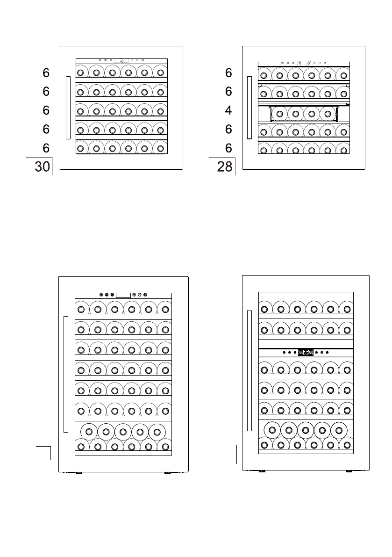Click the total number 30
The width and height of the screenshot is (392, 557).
click(42, 167)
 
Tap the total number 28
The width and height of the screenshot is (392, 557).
click(225, 167)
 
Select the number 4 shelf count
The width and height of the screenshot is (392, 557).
click(228, 111)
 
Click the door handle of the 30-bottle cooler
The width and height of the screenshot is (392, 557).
click(68, 108)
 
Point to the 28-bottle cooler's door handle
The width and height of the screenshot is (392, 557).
click(249, 108)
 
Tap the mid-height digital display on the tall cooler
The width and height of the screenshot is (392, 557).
click(306, 352)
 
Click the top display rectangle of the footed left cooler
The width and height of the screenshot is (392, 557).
click(123, 295)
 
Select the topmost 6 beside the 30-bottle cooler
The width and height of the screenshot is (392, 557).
click(46, 73)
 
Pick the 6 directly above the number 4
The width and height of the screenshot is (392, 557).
click(228, 92)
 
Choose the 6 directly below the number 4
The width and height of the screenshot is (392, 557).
click(228, 129)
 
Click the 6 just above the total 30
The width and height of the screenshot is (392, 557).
click(46, 148)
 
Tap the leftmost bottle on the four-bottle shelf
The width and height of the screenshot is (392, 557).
click(280, 114)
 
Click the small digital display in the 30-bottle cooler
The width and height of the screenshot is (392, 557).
click(121, 61)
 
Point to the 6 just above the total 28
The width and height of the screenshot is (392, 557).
click(228, 148)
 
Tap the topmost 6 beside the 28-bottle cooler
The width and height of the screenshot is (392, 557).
click(228, 73)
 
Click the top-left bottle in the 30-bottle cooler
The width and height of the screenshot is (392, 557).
click(80, 73)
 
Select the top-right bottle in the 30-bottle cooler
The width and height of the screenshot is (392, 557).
click(161, 73)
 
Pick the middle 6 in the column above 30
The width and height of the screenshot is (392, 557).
click(46, 110)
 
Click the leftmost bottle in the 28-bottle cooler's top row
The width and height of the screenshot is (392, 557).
click(264, 74)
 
